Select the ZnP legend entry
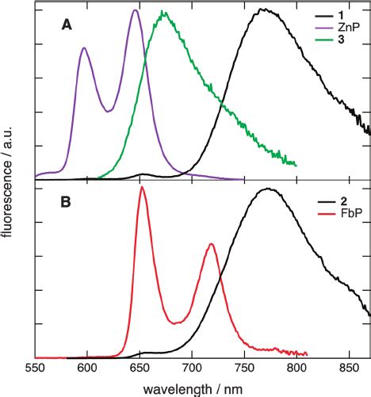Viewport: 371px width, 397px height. [x=345, y=25]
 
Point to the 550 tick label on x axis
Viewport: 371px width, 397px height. [x=35, y=368]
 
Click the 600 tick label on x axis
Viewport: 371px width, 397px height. [x=87, y=368]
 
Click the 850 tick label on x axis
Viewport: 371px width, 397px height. [x=349, y=368]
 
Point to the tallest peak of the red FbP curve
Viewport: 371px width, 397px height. [x=141, y=188]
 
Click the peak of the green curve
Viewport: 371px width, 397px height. [x=163, y=13]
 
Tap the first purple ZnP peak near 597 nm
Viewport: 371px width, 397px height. [x=84, y=48]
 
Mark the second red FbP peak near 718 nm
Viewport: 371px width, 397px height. [x=211, y=244]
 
